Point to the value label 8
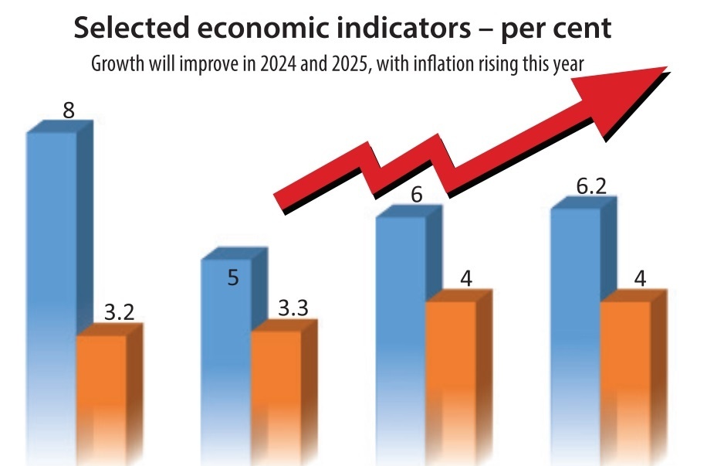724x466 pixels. click(69, 110)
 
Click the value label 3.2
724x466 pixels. click(119, 313)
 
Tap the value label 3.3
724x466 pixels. click(293, 308)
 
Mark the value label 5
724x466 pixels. click(232, 277)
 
